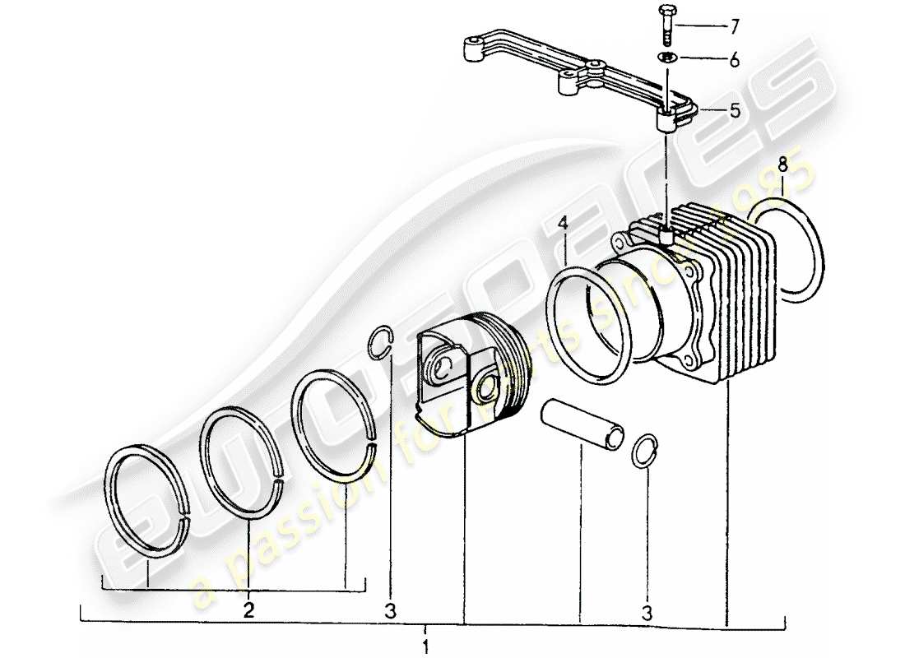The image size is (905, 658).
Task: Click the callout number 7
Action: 734,28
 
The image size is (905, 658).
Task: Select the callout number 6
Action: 734,60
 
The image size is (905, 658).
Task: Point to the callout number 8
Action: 783,164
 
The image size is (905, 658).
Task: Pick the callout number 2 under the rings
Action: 248,610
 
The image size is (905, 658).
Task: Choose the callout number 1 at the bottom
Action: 425,645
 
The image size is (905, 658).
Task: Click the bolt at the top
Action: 666,25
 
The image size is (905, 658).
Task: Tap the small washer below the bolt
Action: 667,58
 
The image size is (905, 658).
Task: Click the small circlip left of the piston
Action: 381,342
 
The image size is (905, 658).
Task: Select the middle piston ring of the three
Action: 207,461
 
